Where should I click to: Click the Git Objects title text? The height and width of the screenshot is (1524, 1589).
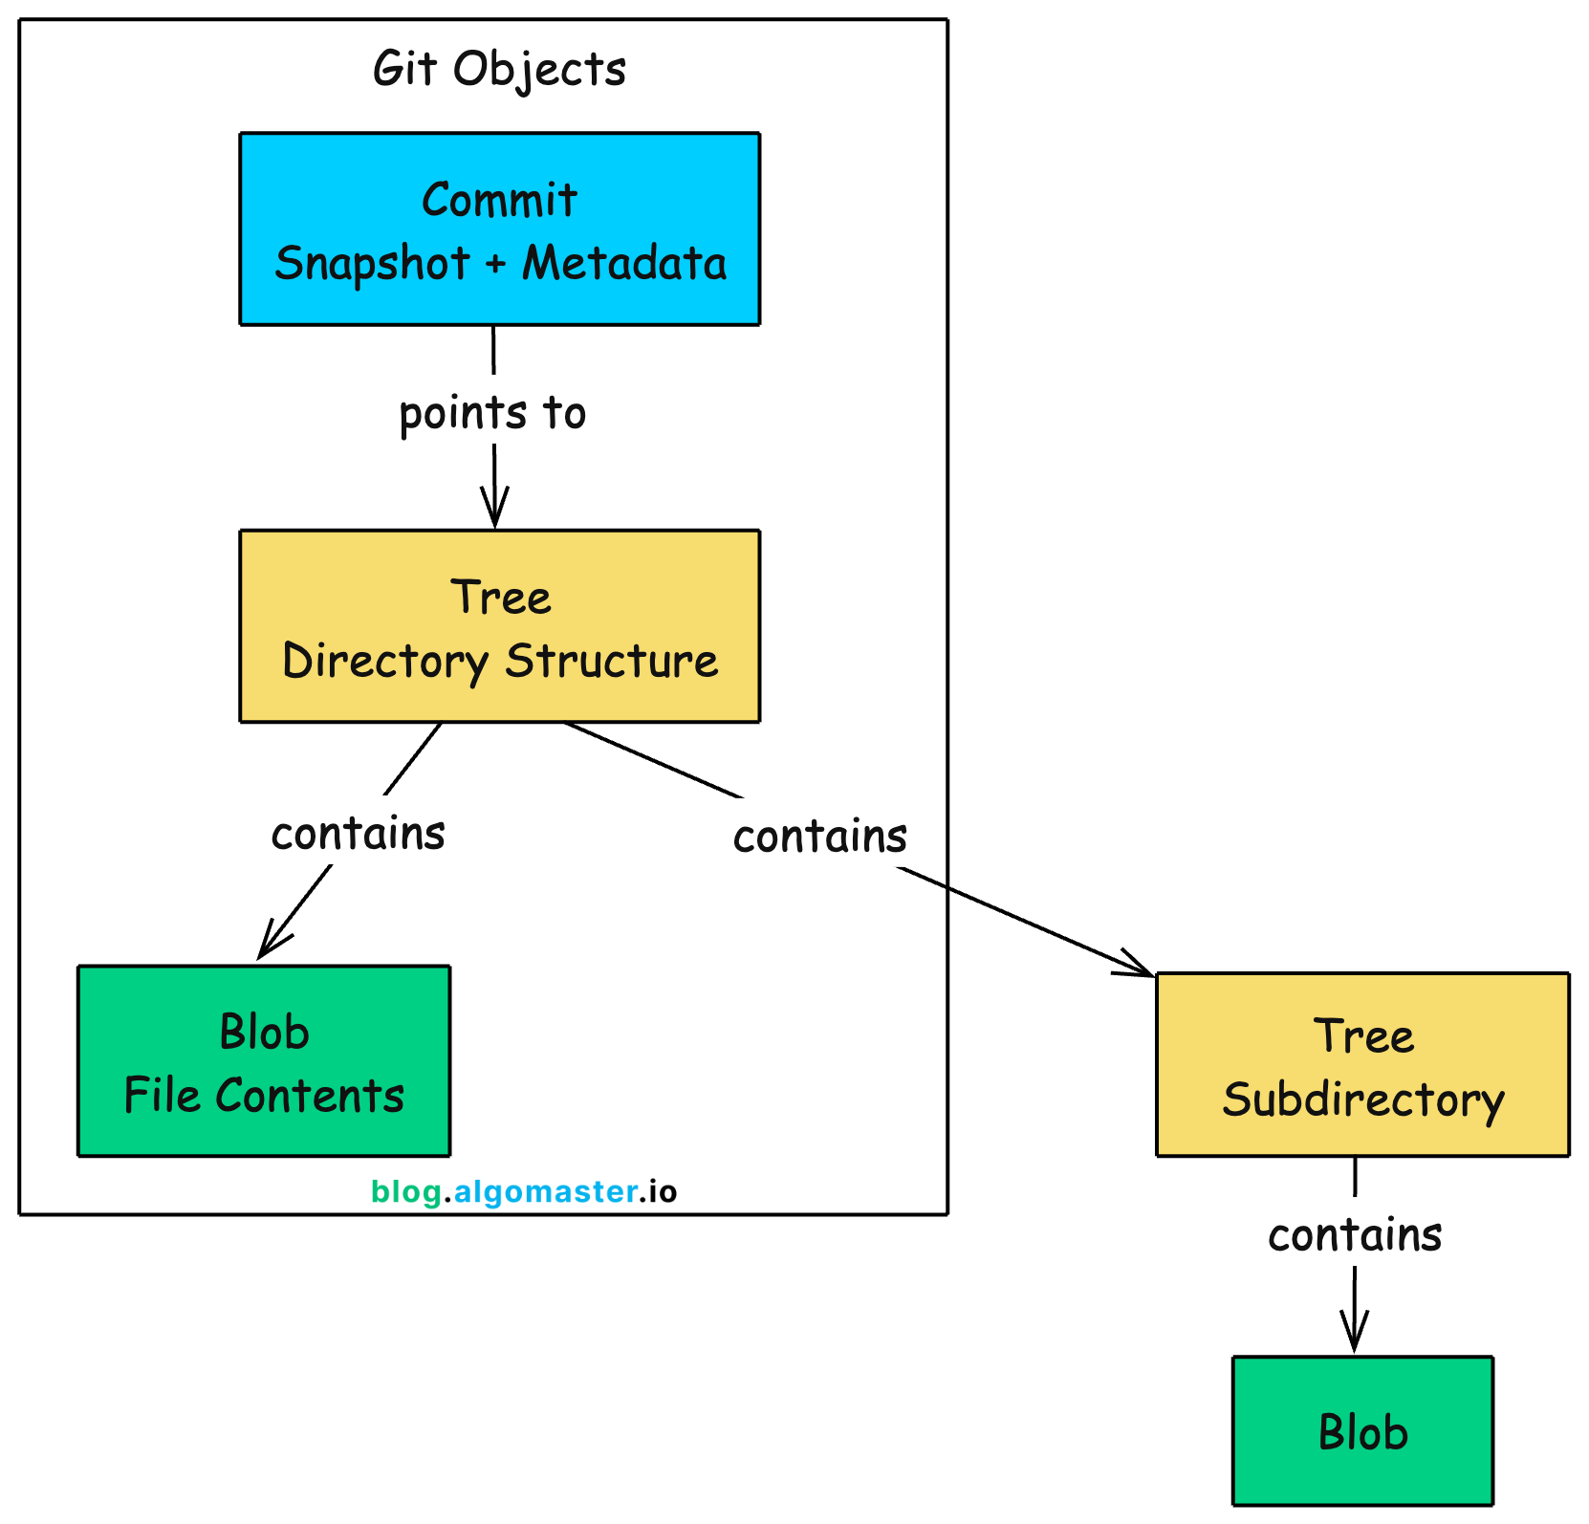tap(499, 70)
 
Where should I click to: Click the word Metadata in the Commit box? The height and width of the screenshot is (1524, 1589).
tap(624, 264)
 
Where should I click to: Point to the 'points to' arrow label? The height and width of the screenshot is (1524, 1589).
tap(492, 413)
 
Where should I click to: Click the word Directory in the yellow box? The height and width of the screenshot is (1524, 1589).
tap(385, 662)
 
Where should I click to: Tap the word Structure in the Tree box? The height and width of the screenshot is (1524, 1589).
tap(612, 662)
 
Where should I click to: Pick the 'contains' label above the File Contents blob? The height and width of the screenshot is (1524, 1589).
tap(359, 834)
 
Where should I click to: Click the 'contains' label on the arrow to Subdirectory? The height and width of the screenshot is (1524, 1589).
tap(820, 837)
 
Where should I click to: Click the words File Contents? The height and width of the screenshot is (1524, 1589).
tap(264, 1097)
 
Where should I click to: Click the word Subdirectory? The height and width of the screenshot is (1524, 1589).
tap(1362, 1100)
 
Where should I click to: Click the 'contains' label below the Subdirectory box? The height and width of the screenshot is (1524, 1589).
tap(1355, 1235)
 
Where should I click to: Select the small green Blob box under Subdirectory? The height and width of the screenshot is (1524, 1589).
tap(1362, 1431)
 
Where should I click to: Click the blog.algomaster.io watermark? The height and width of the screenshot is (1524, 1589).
tap(524, 1191)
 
